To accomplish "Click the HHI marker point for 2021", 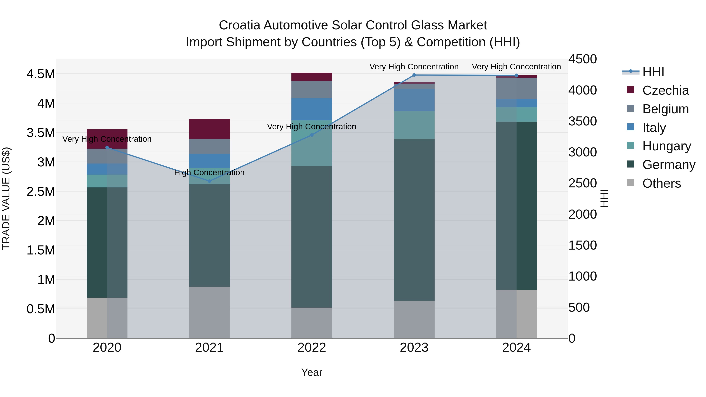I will pos(209,181).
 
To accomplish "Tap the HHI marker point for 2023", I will pos(414,75).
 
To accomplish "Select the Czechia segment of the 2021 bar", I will pos(209,129).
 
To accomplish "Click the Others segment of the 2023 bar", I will pos(414,320).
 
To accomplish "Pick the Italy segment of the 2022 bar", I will pos(312,109).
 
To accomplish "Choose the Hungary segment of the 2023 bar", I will pos(414,125).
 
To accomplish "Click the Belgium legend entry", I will pos(665,109).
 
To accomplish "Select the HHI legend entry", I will pos(653,72).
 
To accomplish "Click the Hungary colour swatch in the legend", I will pos(631,145).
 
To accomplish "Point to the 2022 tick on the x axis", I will pos(312,348).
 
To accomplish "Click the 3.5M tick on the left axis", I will pos(41,133).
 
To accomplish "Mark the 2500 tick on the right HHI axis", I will pos(582,183).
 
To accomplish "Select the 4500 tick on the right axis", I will pos(582,59).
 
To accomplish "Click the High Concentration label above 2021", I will pos(209,173).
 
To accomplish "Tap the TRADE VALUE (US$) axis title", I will pos(6,199).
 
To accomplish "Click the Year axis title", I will pos(312,372).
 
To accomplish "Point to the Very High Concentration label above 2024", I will pos(516,67).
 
